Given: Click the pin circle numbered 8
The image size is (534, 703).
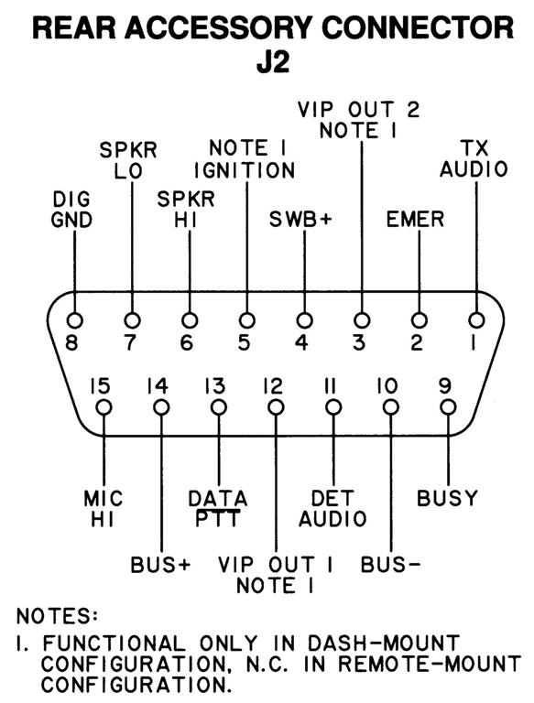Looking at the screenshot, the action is pos(74,320).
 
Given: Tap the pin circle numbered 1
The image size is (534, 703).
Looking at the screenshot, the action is pos(476,320).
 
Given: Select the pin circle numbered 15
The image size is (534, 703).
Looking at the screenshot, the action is pos(104,407).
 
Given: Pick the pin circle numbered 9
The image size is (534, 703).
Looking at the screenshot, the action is pos(448,407).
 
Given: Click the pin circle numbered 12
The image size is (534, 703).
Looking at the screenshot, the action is pos(276,407).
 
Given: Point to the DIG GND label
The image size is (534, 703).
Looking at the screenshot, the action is pos(71,210).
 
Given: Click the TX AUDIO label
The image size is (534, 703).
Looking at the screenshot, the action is pos(474,159).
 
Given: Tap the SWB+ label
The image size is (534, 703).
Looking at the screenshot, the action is pos(300,220).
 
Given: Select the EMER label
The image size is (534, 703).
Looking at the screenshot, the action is pos(415,220).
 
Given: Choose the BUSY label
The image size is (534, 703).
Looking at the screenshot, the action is pos(447,498).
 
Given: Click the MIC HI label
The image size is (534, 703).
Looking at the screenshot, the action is pos(104,509).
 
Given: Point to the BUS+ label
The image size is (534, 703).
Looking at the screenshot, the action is pos(160,565).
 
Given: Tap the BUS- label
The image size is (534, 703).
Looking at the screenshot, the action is pos(390,565).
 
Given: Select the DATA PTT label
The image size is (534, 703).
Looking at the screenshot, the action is pos(218,509).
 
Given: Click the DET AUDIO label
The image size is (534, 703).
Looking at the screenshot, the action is pos(332,509).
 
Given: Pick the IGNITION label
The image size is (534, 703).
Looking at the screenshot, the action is pos(245,170).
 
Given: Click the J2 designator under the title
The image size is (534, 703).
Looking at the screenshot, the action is pos(273,62).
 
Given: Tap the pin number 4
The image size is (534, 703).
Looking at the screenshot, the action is pos(301,343).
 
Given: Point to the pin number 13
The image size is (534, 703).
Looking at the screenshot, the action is pos(215,386).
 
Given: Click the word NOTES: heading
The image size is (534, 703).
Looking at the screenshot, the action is pos(57,616).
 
